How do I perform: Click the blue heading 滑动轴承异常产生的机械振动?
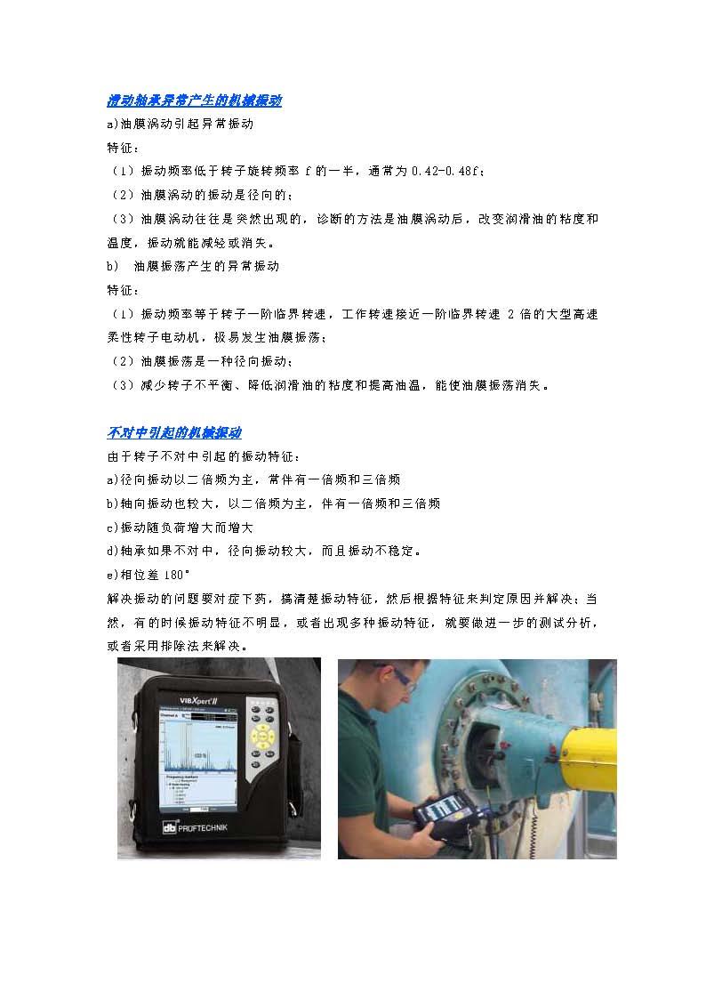click(194, 100)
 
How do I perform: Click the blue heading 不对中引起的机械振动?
click(173, 433)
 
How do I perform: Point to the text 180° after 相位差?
click(176, 575)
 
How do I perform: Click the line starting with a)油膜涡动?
click(181, 124)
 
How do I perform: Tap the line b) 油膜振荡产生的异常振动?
click(193, 266)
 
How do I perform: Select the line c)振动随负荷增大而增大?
click(180, 528)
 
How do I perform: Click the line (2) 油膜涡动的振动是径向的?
click(201, 195)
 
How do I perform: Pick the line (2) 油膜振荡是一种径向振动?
click(201, 361)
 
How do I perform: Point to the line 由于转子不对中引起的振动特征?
click(203, 457)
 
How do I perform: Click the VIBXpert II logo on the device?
click(198, 701)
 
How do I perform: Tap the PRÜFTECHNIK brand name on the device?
click(195, 827)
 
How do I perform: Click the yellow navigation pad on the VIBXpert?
click(263, 737)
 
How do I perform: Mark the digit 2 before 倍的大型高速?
click(510, 314)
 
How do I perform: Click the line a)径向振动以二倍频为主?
click(253, 479)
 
